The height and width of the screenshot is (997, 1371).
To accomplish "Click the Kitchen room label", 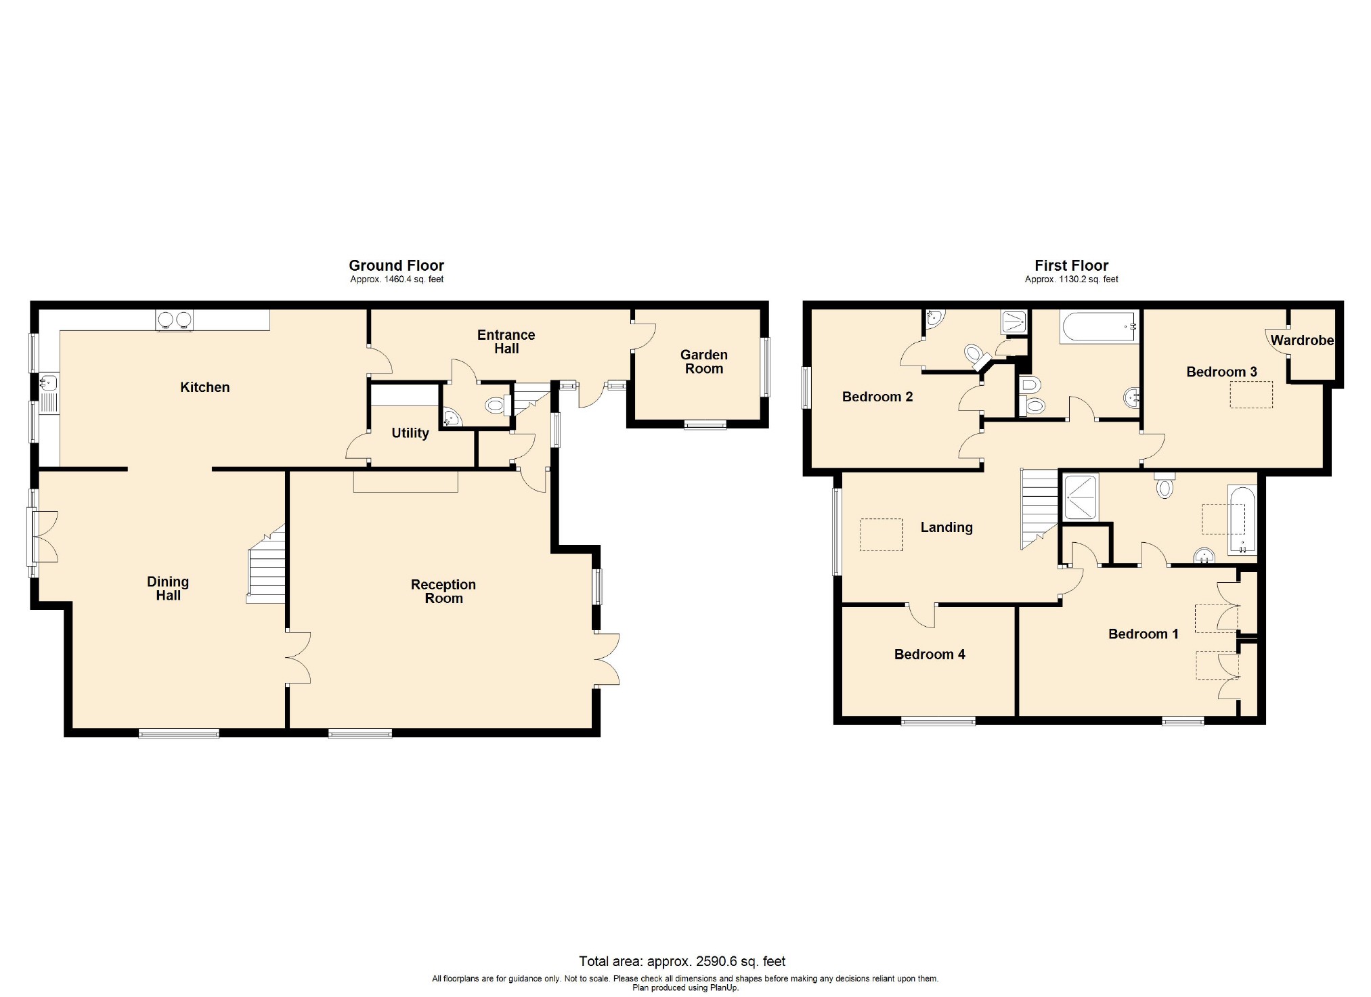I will [x=204, y=387].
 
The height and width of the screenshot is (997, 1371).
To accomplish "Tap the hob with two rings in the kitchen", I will [x=175, y=319].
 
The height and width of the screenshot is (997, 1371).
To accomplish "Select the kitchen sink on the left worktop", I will [x=47, y=384].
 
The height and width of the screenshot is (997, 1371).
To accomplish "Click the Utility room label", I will [x=410, y=433].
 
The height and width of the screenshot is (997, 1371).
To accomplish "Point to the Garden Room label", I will [x=704, y=361].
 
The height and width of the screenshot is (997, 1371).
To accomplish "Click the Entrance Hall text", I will [x=506, y=342].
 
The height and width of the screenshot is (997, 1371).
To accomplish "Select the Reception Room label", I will [x=443, y=591].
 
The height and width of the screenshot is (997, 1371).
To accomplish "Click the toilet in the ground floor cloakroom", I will [x=497, y=406].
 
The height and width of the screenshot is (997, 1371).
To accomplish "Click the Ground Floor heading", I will [x=396, y=265].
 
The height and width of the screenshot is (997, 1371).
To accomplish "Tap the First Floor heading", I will [x=1071, y=265].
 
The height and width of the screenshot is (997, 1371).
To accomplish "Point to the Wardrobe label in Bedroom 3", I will [x=1301, y=340].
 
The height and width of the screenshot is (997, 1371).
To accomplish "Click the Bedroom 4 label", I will [x=929, y=655].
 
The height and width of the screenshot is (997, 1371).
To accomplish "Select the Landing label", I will [x=946, y=527].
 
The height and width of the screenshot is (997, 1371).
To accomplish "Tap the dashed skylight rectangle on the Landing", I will [x=882, y=535].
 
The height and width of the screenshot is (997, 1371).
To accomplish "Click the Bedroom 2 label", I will [x=877, y=397].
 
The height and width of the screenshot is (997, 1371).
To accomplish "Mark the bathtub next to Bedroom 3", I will [x=1100, y=327].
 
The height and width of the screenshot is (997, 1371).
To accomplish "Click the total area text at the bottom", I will [x=682, y=961].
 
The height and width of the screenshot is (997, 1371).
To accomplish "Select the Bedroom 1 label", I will [x=1143, y=634].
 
